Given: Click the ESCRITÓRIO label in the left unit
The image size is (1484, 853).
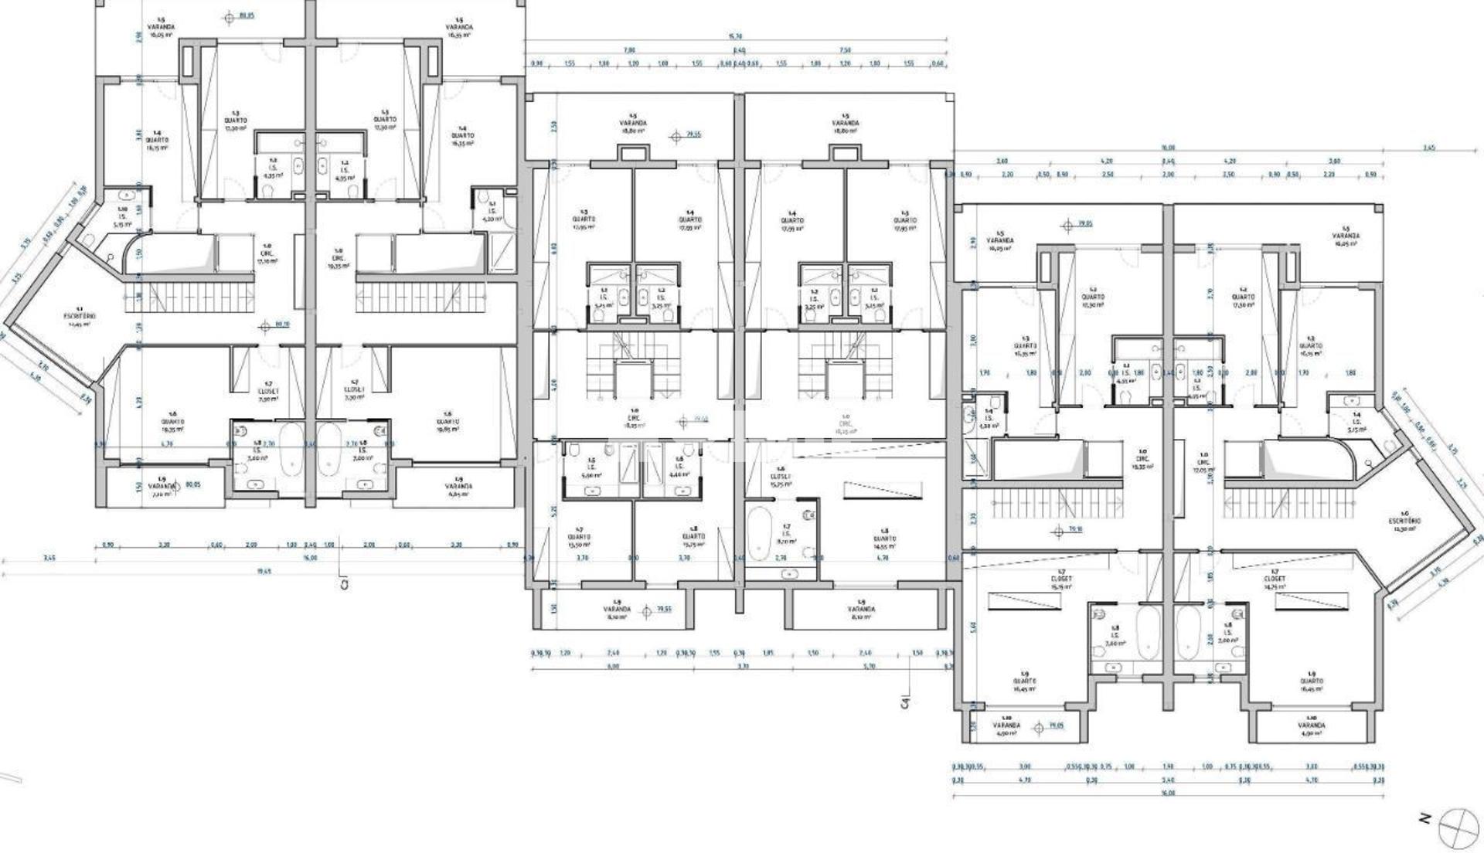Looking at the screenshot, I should (80, 317).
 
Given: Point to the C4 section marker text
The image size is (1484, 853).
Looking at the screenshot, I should (904, 700).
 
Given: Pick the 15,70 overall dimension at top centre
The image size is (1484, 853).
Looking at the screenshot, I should (735, 36).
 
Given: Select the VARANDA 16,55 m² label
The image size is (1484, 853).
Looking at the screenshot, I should (458, 28).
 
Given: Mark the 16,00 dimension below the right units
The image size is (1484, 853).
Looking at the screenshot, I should (1167, 793).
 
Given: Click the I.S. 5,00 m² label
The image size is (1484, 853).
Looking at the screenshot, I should (592, 471).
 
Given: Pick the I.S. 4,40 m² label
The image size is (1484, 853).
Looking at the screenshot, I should (679, 471).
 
